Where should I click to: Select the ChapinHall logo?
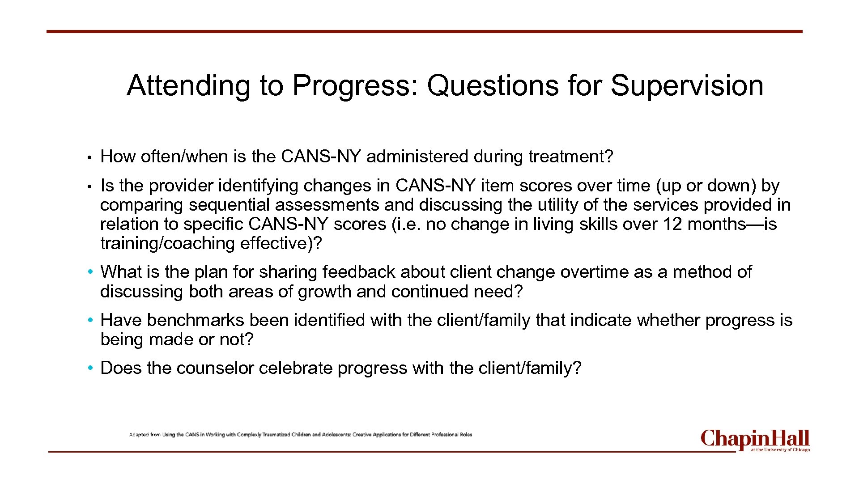(755, 441)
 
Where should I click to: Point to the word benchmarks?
(196, 320)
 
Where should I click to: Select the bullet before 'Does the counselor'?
(90, 368)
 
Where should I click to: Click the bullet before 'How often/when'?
(90, 157)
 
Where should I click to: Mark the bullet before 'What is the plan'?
(90, 272)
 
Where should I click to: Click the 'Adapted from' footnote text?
(301, 434)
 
